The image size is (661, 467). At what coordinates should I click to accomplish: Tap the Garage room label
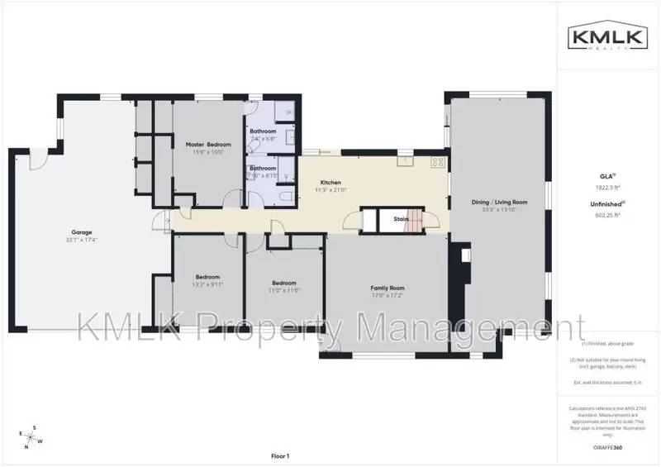[x=82, y=232]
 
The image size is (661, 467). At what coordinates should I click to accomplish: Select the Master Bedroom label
[x=207, y=145]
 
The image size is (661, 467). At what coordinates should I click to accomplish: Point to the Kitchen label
[x=330, y=183]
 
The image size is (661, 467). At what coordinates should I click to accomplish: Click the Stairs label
[x=402, y=219]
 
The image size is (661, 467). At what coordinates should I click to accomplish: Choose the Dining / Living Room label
[x=494, y=202]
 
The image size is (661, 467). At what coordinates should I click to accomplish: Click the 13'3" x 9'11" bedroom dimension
[x=207, y=284]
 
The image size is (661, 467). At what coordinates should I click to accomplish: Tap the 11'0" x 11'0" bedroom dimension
[x=283, y=290]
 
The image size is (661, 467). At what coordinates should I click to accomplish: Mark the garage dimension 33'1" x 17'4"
[x=82, y=240]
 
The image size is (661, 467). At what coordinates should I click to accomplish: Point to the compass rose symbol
[x=31, y=436]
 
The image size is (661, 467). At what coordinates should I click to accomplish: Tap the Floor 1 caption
[x=280, y=455]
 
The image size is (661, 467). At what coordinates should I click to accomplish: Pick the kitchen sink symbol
[x=404, y=162]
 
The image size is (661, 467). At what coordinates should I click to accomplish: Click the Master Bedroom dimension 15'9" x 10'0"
[x=207, y=152]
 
